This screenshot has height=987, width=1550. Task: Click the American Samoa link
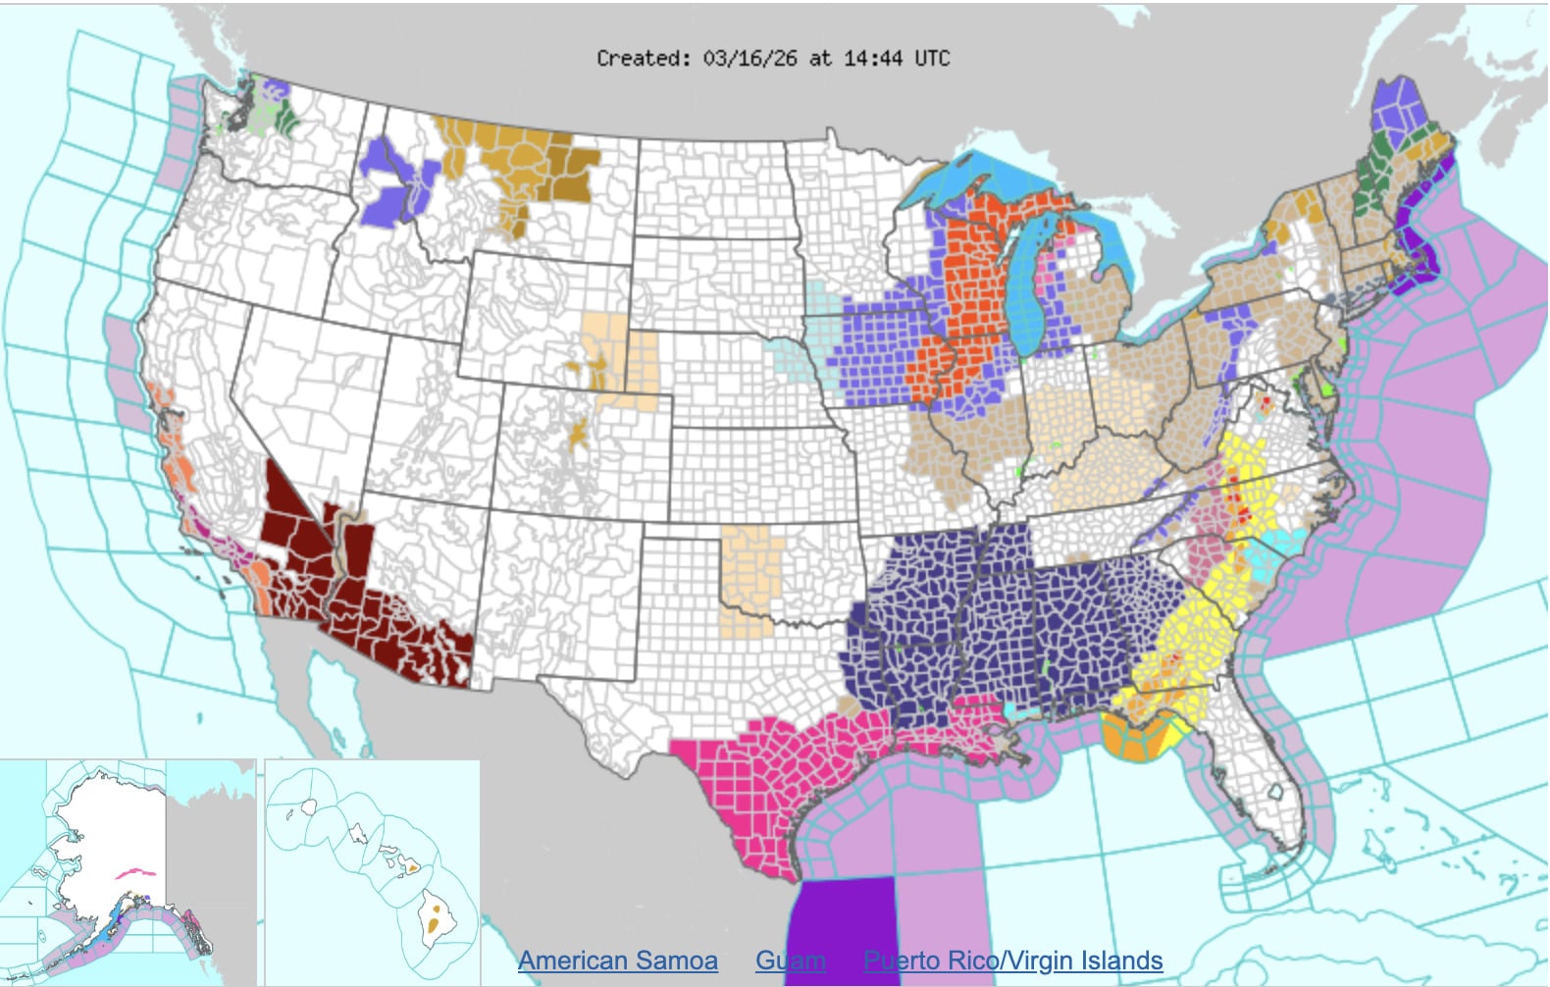point(617,961)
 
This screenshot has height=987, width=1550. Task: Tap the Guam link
point(790,961)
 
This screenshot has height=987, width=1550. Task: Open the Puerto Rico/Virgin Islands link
point(1012,961)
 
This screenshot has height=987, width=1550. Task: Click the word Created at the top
point(643,58)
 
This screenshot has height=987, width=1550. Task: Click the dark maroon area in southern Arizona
point(392,628)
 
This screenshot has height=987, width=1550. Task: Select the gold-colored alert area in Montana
point(520,167)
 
